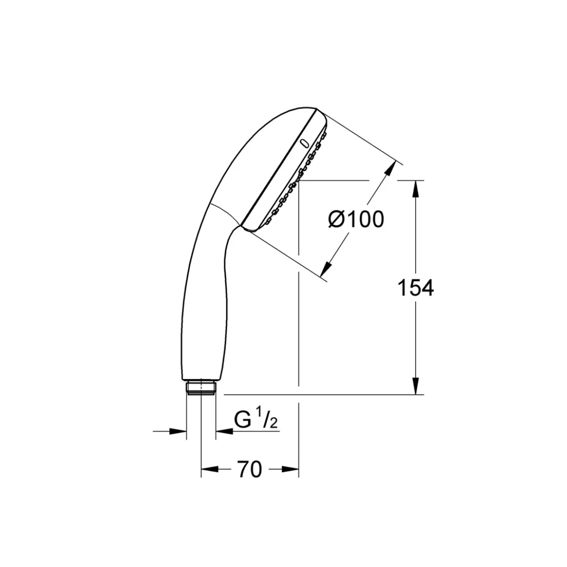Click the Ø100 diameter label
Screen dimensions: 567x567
pos(356,220)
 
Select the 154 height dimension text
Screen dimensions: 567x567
pos(415,288)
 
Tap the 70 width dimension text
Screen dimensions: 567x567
pos(250,470)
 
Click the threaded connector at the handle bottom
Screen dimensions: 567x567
pos(201,387)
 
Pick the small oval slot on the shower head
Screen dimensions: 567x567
pos(304,143)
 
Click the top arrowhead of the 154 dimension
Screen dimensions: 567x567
pos(416,189)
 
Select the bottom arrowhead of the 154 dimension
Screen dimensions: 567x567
pos(416,386)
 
